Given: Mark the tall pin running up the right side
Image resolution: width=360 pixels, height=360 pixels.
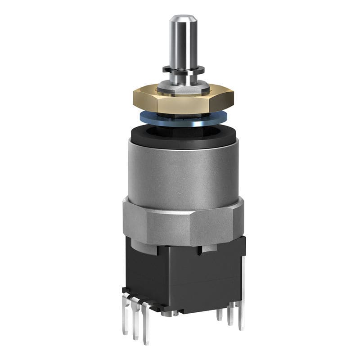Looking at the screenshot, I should (x=242, y=288).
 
